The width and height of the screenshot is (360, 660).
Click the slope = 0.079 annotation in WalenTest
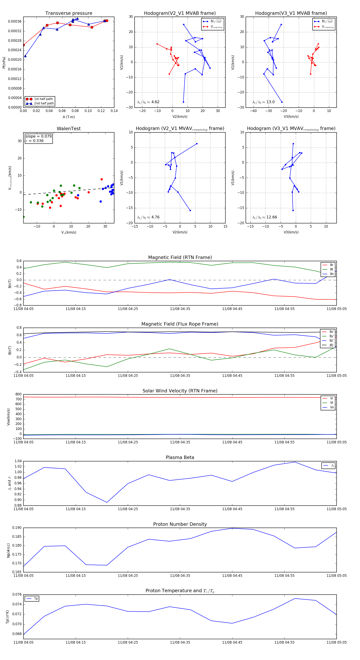coord(38,136)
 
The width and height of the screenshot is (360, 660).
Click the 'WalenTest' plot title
coord(69,129)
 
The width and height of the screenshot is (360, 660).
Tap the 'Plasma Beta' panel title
coord(180,458)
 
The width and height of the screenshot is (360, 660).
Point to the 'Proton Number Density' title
coord(180,524)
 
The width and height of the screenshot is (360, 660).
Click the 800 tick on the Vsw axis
coord(18,394)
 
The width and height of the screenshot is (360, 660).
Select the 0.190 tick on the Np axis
coord(17,528)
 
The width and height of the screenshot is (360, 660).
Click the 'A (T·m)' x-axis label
coord(69,117)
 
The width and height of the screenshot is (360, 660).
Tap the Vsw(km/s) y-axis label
coord(8,417)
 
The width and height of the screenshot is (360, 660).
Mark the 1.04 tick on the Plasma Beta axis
coord(18,461)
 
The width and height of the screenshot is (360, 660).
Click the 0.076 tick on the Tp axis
coord(17,595)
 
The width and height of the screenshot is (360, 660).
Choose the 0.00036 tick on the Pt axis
coord(15,22)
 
